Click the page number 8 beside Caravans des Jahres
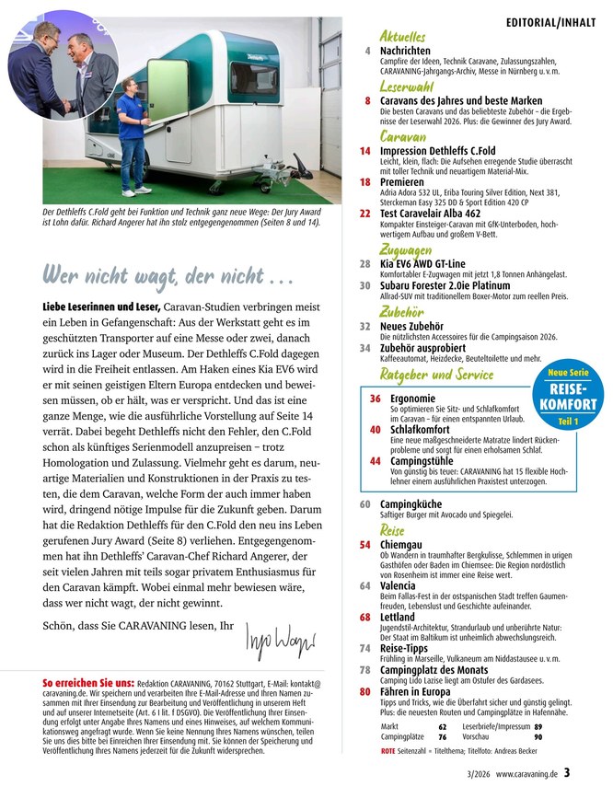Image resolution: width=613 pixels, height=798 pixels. click(367, 101)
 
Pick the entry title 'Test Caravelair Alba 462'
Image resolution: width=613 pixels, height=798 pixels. click(439, 213)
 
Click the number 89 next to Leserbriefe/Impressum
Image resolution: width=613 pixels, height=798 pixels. click(538, 726)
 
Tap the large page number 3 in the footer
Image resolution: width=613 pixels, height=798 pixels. click(568, 773)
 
